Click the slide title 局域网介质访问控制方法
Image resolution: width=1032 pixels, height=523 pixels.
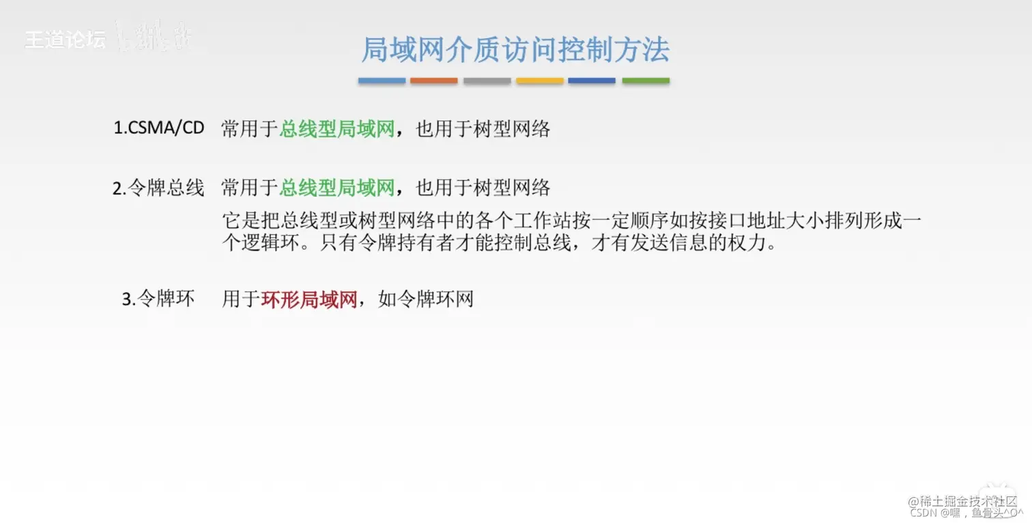515,49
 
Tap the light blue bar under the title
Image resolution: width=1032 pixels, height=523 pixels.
382,81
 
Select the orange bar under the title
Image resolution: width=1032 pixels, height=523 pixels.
434,81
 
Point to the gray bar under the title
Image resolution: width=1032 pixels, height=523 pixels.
487,81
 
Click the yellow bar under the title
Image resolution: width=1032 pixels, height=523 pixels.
539,81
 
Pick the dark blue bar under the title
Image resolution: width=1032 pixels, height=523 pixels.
592,81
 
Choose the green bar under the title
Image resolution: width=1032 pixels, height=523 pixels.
645,81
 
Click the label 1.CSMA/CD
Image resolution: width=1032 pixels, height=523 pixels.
158,128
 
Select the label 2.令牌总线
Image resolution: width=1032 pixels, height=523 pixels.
158,188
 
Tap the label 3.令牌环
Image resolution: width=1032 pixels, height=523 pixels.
158,298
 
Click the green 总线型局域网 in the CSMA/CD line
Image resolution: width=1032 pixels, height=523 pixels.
337,128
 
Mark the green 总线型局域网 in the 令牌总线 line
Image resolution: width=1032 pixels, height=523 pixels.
337,188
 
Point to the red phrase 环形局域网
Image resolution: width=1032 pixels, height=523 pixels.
309,299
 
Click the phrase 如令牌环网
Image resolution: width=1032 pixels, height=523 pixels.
426,299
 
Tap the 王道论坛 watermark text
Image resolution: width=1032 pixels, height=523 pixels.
66,40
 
